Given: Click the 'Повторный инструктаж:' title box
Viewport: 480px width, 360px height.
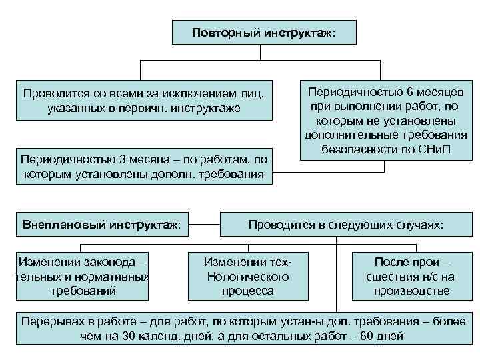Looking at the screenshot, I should pyautogui.click(x=264, y=33).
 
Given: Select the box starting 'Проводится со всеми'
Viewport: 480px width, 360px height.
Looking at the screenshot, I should pyautogui.click(x=144, y=101).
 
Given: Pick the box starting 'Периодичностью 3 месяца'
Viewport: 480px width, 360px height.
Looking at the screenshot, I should pyautogui.click(x=144, y=167).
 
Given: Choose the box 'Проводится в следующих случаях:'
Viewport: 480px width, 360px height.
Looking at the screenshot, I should pyautogui.click(x=345, y=225).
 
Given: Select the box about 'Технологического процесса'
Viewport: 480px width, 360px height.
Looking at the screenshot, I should pyautogui.click(x=248, y=275).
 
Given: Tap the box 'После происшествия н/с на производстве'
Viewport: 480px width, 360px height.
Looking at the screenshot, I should pyautogui.click(x=412, y=275).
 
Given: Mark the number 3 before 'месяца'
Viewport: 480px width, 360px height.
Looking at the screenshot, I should pyautogui.click(x=121, y=160).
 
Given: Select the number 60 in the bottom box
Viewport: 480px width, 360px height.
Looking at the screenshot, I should pyautogui.click(x=367, y=335).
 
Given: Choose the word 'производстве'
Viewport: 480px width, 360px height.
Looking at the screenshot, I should pyautogui.click(x=412, y=291).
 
